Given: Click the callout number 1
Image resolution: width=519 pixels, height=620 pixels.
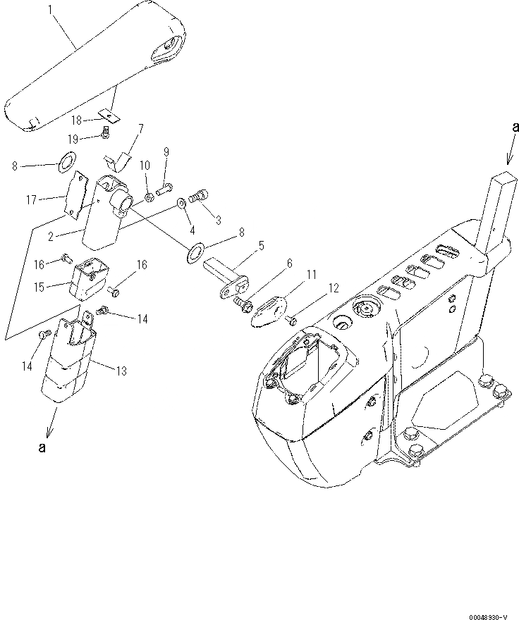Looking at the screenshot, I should tap(50, 10).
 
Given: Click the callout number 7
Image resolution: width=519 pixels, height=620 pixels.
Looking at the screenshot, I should tap(140, 128).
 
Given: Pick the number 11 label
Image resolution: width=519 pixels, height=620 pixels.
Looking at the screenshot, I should tap(311, 273).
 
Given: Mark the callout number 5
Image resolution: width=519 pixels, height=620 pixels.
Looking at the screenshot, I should tap(262, 245).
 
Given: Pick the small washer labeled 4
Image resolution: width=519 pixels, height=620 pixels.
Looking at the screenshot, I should tap(182, 203).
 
